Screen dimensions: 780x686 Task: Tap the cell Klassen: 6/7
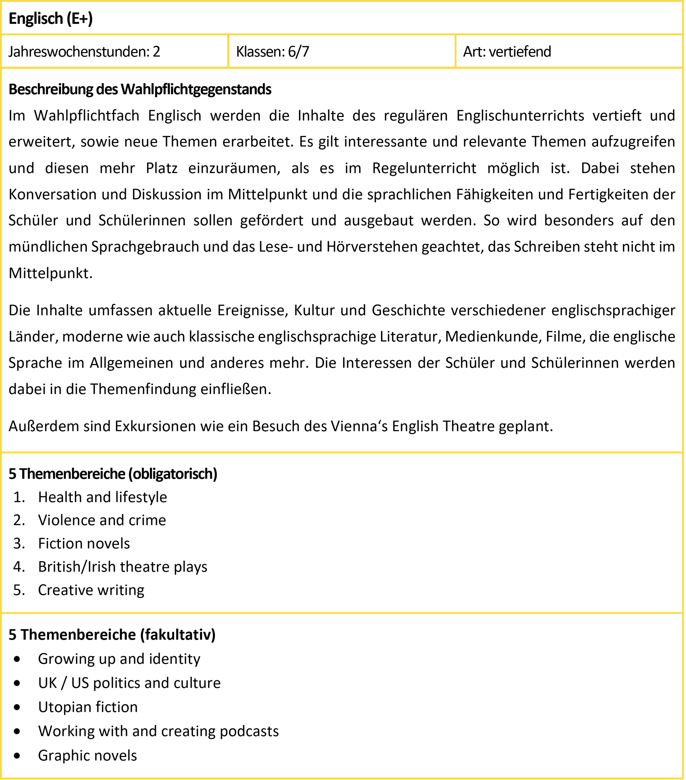[x=272, y=51]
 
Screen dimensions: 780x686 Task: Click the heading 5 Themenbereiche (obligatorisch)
[x=113, y=474]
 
